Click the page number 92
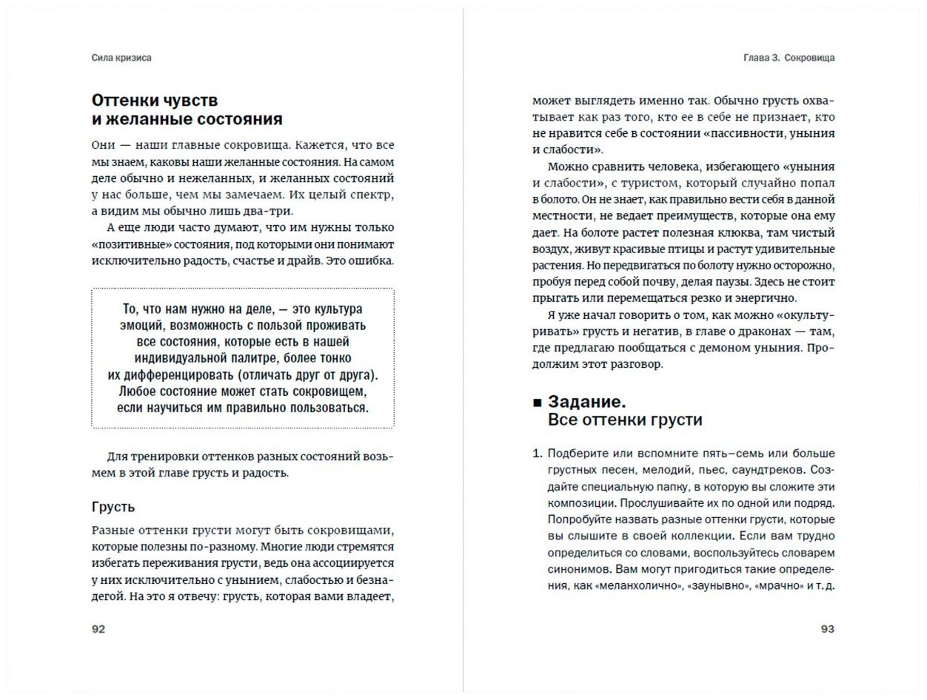(98, 629)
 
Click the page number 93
(827, 629)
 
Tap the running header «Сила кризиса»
(122, 58)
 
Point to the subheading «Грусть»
(113, 507)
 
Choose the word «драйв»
(306, 261)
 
